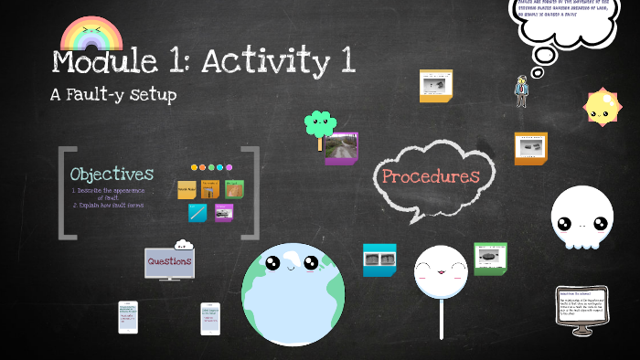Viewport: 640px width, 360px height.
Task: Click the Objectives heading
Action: coord(112,174)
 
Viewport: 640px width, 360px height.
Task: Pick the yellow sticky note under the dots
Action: coord(187,190)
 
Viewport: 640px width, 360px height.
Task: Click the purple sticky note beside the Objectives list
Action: coord(223,213)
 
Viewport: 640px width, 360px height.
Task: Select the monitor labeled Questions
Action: coord(169,263)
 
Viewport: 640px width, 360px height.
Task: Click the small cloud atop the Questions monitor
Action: coord(183,244)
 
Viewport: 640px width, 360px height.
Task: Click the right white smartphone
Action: coord(210,318)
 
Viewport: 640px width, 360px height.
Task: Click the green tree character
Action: coord(320,124)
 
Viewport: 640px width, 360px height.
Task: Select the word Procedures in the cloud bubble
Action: coord(431,176)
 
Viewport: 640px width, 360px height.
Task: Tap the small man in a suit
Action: coord(521,91)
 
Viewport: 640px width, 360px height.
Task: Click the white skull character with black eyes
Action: coord(581,219)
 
